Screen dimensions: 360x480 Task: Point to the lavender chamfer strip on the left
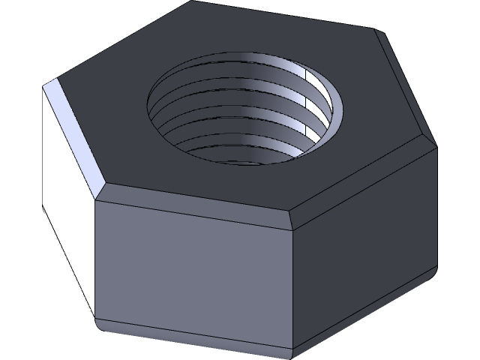[75, 131]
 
